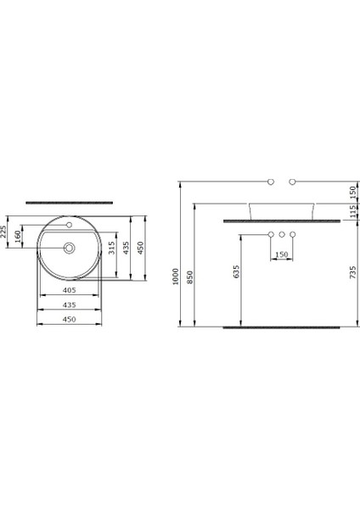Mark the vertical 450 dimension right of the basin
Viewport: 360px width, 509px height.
tap(145, 247)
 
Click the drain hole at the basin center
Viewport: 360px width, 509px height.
tap(69, 249)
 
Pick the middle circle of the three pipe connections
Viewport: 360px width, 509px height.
tap(282, 233)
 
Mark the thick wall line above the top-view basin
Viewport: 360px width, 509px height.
tap(69, 203)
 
